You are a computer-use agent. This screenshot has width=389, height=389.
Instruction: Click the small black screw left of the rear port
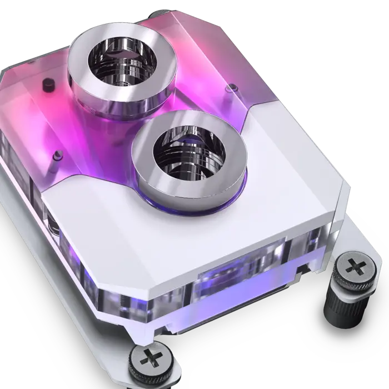point(47,84)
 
